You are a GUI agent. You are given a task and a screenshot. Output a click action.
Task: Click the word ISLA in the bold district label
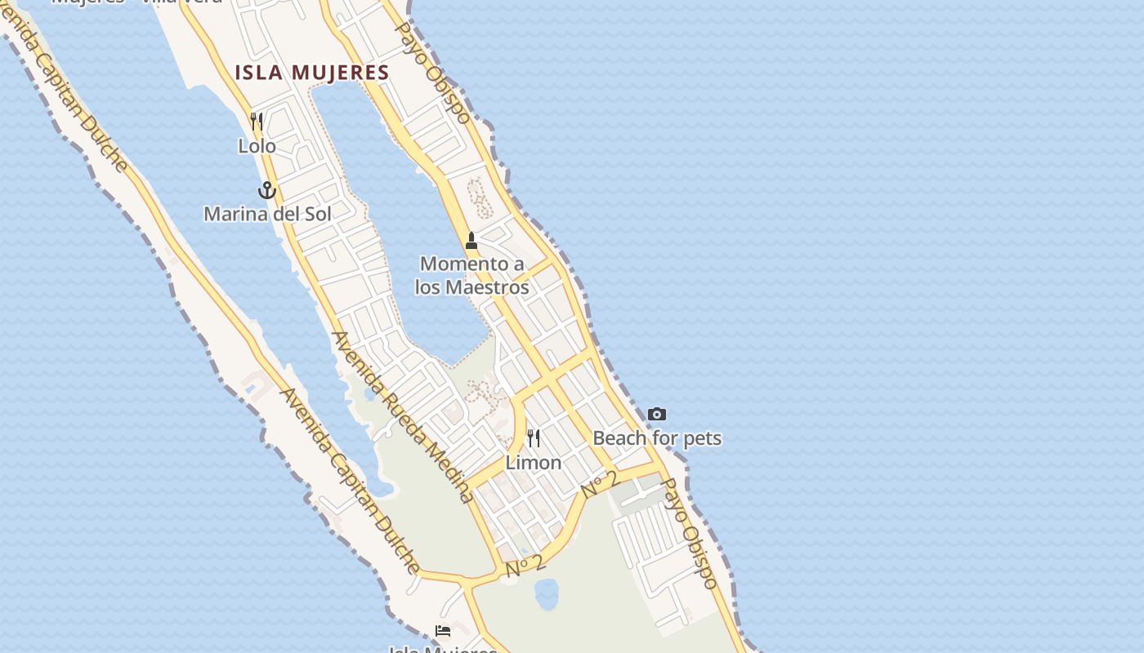(x=259, y=73)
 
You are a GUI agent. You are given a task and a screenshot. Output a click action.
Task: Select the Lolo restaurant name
(x=257, y=146)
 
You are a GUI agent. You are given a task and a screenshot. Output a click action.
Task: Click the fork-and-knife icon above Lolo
(x=257, y=122)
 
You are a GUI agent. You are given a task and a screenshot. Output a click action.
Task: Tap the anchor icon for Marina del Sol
(x=266, y=191)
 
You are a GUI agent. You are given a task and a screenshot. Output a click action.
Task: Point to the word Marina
(x=234, y=214)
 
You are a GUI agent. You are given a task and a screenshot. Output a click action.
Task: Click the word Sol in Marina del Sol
(x=317, y=214)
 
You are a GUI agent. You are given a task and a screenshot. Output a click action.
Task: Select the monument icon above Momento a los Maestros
(x=471, y=241)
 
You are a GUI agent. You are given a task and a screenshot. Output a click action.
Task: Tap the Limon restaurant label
(x=533, y=463)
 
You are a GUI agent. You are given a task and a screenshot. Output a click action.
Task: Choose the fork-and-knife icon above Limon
(x=534, y=439)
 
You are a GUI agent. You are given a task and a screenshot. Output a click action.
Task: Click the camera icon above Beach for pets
(x=656, y=415)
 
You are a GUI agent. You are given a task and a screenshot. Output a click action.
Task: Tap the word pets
(x=701, y=438)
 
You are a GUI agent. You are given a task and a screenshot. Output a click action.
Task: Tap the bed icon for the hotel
(x=443, y=631)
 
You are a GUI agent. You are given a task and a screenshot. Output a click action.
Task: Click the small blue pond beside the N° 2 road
(x=546, y=593)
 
